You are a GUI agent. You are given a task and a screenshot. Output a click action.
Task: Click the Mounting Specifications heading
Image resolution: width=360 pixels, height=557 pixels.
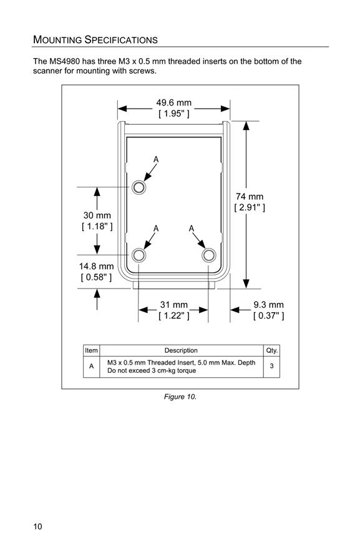95,39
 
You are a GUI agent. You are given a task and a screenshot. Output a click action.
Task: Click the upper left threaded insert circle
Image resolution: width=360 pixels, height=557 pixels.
139,187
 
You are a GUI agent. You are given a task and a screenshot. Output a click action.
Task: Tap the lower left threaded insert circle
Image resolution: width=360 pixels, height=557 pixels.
139,255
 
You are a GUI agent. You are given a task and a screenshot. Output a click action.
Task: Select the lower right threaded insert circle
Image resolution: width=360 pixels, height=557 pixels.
209,255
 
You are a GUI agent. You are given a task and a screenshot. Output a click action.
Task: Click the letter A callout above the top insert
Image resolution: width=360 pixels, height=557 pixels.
156,160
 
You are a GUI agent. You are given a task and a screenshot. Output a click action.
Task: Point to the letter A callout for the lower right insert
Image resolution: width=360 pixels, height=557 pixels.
192,229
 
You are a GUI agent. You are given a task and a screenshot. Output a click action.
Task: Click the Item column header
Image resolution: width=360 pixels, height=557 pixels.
91,350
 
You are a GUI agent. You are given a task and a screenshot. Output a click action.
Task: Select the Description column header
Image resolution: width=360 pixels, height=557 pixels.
181,350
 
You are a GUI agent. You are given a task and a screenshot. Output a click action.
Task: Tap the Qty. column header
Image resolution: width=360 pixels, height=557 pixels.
272,350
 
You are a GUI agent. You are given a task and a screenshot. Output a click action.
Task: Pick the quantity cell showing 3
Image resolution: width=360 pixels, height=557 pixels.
271,366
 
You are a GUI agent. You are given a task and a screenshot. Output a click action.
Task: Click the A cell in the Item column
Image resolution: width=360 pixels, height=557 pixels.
92,366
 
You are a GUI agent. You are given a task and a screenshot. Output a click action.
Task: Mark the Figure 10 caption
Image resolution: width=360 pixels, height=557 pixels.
180,397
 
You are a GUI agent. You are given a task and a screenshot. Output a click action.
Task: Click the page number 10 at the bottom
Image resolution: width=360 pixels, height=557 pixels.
37,526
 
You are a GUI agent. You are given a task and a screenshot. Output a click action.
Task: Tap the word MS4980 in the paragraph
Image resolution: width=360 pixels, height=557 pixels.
63,61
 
